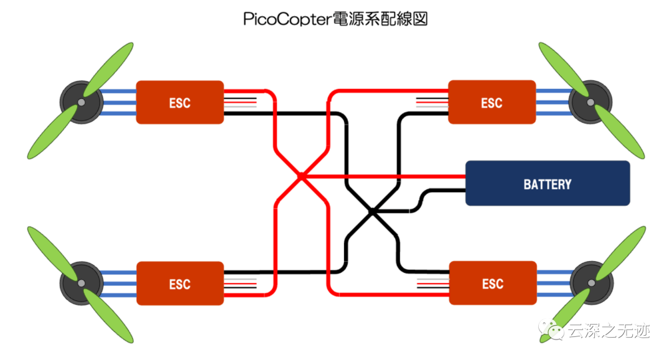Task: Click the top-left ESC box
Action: (x=180, y=103)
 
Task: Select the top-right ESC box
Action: (x=492, y=102)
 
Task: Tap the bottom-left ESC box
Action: (x=180, y=284)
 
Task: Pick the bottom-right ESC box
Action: (x=493, y=283)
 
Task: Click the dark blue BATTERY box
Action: (x=548, y=183)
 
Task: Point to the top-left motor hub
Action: (x=82, y=103)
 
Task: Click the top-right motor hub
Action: (x=590, y=103)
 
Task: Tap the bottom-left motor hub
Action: (x=82, y=284)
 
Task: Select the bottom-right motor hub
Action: (x=592, y=283)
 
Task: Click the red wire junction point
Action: (x=301, y=176)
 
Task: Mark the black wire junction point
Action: (x=372, y=211)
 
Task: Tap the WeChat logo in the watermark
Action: (x=551, y=330)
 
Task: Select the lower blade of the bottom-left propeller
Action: (x=108, y=316)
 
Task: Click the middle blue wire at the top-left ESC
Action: (x=119, y=103)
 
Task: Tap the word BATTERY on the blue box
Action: (x=548, y=184)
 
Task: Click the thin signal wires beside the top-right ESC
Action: (x=432, y=103)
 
